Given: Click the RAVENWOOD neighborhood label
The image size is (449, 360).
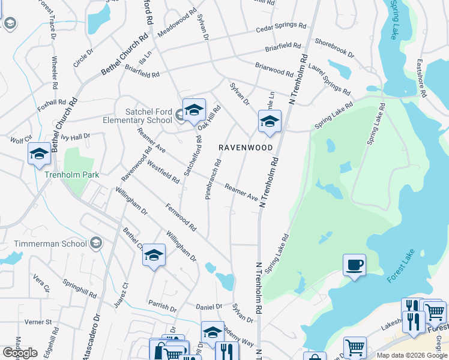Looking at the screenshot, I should click(x=245, y=147).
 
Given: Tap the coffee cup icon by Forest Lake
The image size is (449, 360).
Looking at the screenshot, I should click(x=354, y=265).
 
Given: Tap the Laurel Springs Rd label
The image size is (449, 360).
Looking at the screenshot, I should click(x=330, y=82).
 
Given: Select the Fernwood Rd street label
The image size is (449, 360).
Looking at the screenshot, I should click(x=181, y=218).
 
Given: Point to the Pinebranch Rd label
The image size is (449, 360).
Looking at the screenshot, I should click(x=213, y=179).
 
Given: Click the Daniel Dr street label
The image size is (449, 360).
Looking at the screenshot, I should click(x=209, y=307).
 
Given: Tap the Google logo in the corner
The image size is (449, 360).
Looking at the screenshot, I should click(x=20, y=353).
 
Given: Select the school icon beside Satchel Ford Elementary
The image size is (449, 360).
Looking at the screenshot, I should click(x=194, y=110).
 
